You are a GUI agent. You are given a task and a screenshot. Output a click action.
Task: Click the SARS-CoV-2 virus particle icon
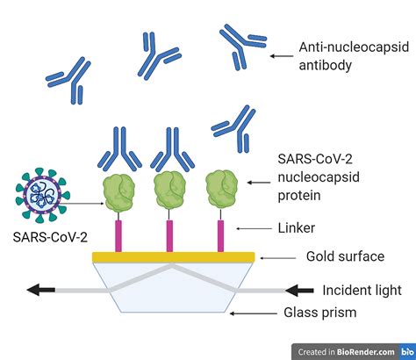pyautogui.click(x=43, y=195)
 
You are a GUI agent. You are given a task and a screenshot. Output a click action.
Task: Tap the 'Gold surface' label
pyautogui.click(x=345, y=256)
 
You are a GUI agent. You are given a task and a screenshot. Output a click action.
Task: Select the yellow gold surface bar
pyautogui.click(x=174, y=257)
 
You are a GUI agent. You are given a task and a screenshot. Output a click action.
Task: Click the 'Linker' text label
pyautogui.click(x=297, y=228)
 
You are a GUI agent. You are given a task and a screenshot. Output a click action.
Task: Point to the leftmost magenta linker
pyautogui.click(x=118, y=236)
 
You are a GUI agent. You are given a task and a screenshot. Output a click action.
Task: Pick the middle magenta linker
pyautogui.click(x=169, y=236)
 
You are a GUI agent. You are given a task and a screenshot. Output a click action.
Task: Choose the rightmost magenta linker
pyautogui.click(x=220, y=236)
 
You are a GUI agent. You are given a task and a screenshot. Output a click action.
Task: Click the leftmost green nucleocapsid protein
pyautogui.click(x=118, y=192)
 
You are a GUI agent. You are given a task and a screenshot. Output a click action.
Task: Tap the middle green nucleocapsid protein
pyautogui.click(x=170, y=191)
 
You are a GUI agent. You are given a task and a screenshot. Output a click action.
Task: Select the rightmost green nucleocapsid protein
pyautogui.click(x=221, y=190)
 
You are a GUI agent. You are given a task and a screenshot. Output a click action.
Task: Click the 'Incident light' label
pyautogui.click(x=362, y=291)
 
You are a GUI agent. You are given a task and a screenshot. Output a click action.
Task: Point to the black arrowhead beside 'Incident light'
pyautogui.click(x=299, y=291)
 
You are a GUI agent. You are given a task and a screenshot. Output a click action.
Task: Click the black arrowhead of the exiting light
pyautogui.click(x=40, y=290)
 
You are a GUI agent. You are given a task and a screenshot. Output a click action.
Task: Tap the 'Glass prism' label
pyautogui.click(x=320, y=313)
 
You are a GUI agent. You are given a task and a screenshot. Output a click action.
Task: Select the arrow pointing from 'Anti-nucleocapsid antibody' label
pyautogui.click(x=282, y=56)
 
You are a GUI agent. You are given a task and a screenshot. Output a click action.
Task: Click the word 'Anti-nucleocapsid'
pyautogui.click(x=354, y=47)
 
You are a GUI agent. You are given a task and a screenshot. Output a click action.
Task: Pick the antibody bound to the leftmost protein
pyautogui.click(x=119, y=148)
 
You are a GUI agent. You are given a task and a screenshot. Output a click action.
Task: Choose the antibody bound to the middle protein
pyautogui.click(x=172, y=149)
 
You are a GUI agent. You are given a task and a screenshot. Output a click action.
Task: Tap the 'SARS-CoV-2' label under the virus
pyautogui.click(x=50, y=237)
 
